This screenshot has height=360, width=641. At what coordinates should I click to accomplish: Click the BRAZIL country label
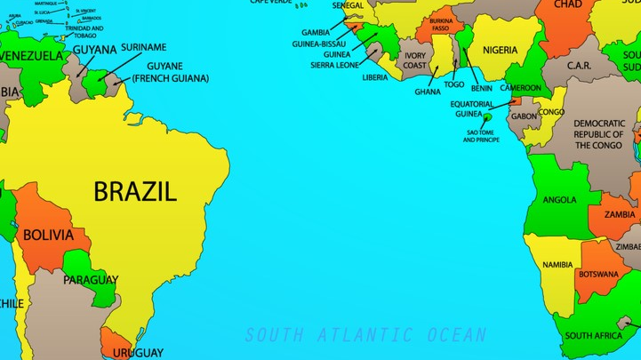click(x=135, y=190)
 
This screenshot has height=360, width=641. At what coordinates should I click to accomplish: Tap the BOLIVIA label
click(x=48, y=236)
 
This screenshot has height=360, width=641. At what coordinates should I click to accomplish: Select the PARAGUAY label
click(x=91, y=280)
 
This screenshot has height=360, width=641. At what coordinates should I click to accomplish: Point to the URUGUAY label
click(x=137, y=353)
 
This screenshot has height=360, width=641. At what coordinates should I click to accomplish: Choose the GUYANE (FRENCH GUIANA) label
click(x=170, y=72)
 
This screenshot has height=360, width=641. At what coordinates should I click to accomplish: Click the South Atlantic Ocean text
click(x=365, y=335)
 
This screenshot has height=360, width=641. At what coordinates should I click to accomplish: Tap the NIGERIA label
click(x=500, y=50)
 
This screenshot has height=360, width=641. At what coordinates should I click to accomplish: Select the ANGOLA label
click(x=560, y=200)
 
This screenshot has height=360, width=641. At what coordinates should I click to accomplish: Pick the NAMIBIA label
click(x=557, y=265)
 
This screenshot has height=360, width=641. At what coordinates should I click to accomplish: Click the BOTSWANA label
click(x=598, y=274)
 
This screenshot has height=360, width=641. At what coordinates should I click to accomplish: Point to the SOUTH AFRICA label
click(x=594, y=336)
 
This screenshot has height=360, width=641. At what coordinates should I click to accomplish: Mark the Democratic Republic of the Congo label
click(x=598, y=134)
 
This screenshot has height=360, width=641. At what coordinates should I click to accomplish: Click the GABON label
click(x=525, y=116)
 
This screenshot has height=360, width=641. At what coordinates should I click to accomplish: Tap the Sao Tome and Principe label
click(x=481, y=136)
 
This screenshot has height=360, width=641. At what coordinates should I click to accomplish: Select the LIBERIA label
click(x=375, y=77)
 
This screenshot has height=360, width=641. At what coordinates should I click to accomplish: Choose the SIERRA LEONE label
click(x=334, y=65)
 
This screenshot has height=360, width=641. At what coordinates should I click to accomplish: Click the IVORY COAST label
click(x=414, y=60)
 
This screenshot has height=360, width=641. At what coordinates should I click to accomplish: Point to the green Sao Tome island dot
click(x=488, y=116)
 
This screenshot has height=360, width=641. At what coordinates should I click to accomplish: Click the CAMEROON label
click(x=520, y=88)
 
